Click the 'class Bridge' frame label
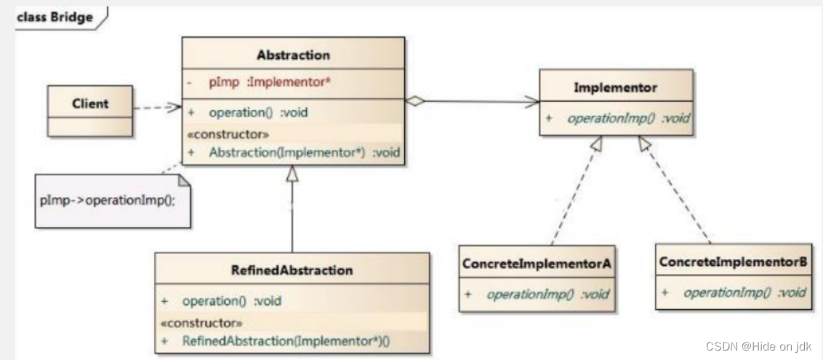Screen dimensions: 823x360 [x=55, y=17]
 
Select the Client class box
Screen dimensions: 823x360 [x=89, y=111]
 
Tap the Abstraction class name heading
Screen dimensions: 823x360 [x=294, y=55]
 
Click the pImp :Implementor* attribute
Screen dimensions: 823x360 [x=270, y=82]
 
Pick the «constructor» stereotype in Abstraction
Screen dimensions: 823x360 [x=228, y=135]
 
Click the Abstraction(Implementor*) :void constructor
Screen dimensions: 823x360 [x=305, y=153]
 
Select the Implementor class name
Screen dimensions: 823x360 [x=615, y=88]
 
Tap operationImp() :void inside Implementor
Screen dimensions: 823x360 [x=628, y=119]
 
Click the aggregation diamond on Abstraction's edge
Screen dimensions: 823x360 [x=414, y=101]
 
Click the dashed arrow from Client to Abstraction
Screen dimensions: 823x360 [x=157, y=108]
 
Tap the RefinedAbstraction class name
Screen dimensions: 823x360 [x=292, y=271]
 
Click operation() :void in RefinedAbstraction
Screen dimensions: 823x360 [x=231, y=301]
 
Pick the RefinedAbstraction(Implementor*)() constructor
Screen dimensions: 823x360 [x=286, y=340]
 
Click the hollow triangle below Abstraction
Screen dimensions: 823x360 [x=292, y=174]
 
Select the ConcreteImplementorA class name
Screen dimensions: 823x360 [x=537, y=264]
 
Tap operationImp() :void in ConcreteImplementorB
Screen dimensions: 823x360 [x=744, y=292]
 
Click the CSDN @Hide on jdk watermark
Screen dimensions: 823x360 [x=758, y=346]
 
